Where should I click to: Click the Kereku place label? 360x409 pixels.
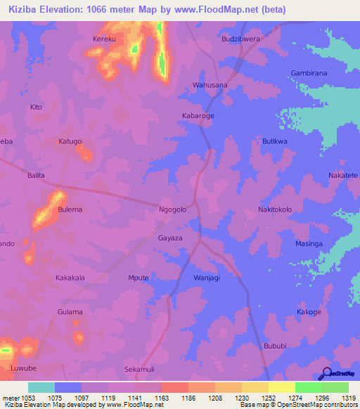(104, 39)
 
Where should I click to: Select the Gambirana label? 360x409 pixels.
(309, 73)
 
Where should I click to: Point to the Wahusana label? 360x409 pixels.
(210, 85)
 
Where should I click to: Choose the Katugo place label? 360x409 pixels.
(70, 141)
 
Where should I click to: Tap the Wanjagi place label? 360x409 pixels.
(207, 278)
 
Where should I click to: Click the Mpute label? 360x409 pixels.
(139, 278)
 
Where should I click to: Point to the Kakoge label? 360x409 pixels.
(309, 311)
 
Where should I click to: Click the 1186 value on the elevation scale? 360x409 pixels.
(188, 398)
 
